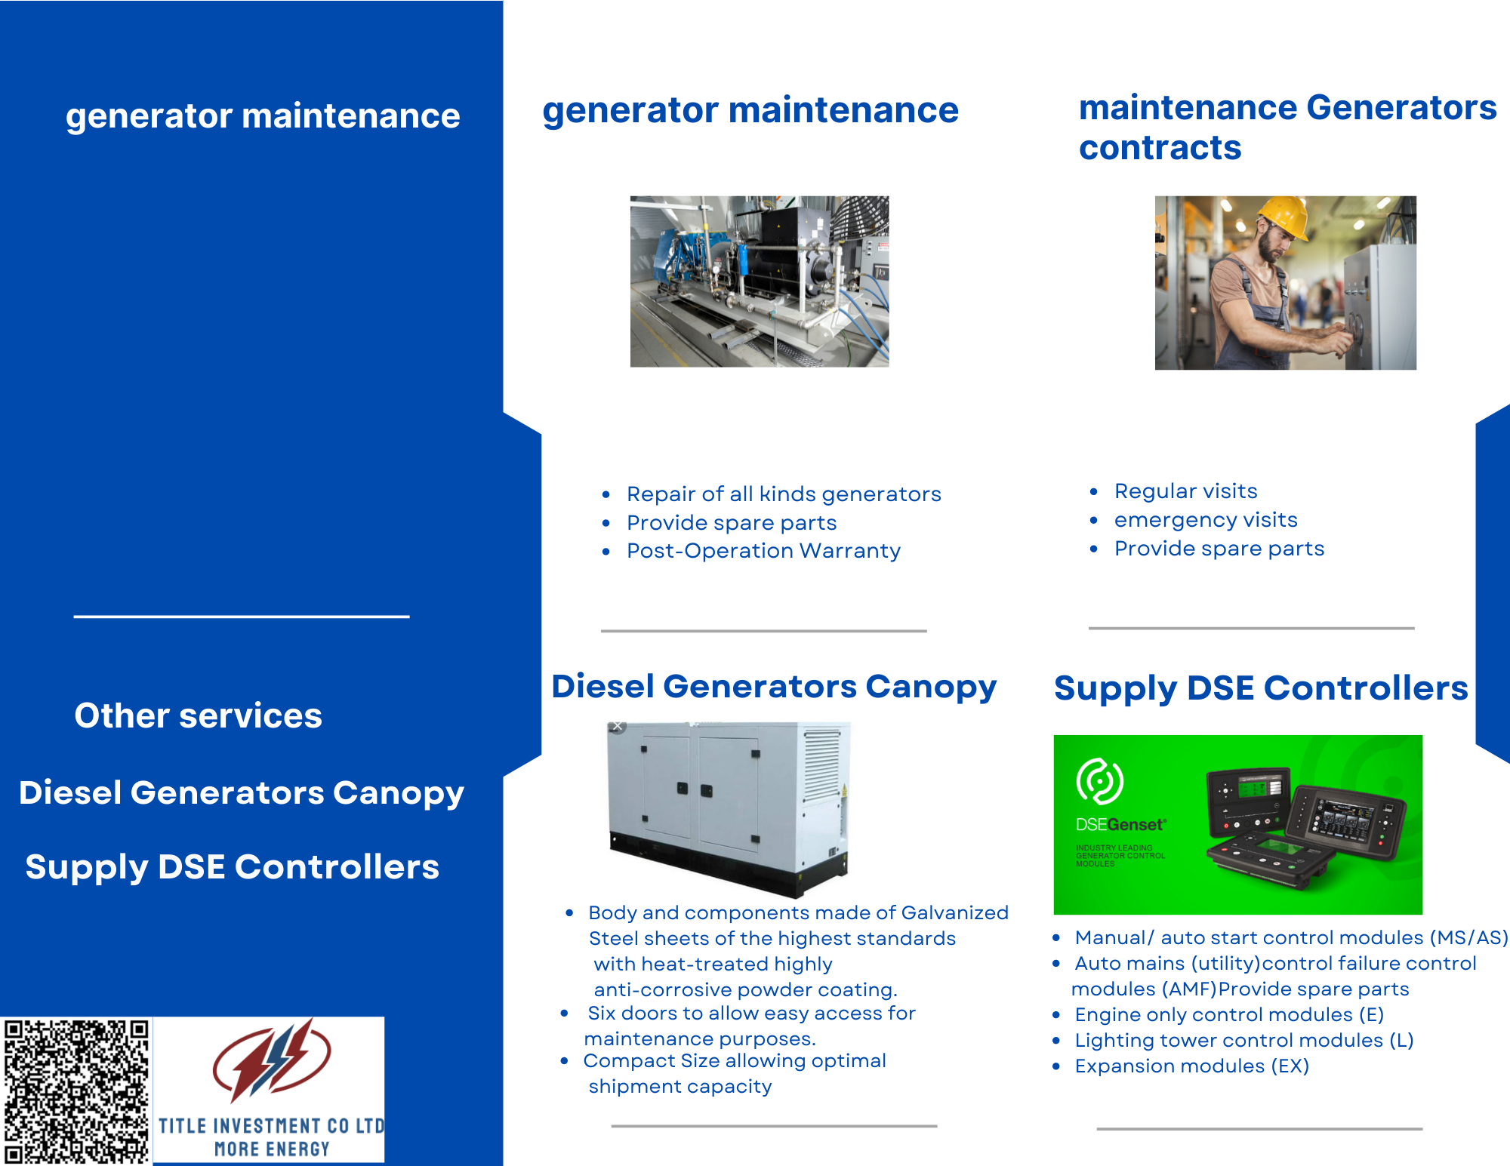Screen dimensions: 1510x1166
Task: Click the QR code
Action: click(75, 1091)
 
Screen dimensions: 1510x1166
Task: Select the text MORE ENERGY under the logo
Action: click(272, 1149)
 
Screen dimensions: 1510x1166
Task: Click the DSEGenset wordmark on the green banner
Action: click(1121, 824)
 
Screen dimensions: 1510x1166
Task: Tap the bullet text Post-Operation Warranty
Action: click(763, 551)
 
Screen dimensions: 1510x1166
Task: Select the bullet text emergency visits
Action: click(1206, 520)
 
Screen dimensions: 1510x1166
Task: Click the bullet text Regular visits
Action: click(1185, 491)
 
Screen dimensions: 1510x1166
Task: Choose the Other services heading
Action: click(198, 715)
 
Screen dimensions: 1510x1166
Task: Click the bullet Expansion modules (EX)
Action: click(1191, 1066)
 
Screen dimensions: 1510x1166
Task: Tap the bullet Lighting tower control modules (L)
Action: click(1243, 1041)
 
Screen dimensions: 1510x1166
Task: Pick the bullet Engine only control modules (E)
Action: click(1228, 1015)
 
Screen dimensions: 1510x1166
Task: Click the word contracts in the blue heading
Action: click(1160, 148)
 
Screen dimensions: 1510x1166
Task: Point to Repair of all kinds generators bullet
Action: click(784, 494)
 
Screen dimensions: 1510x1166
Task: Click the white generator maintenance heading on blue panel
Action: click(263, 116)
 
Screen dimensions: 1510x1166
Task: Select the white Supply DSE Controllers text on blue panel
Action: click(232, 867)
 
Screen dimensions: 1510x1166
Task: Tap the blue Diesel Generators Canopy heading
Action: click(774, 688)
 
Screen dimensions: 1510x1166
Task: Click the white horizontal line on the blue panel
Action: click(242, 617)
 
